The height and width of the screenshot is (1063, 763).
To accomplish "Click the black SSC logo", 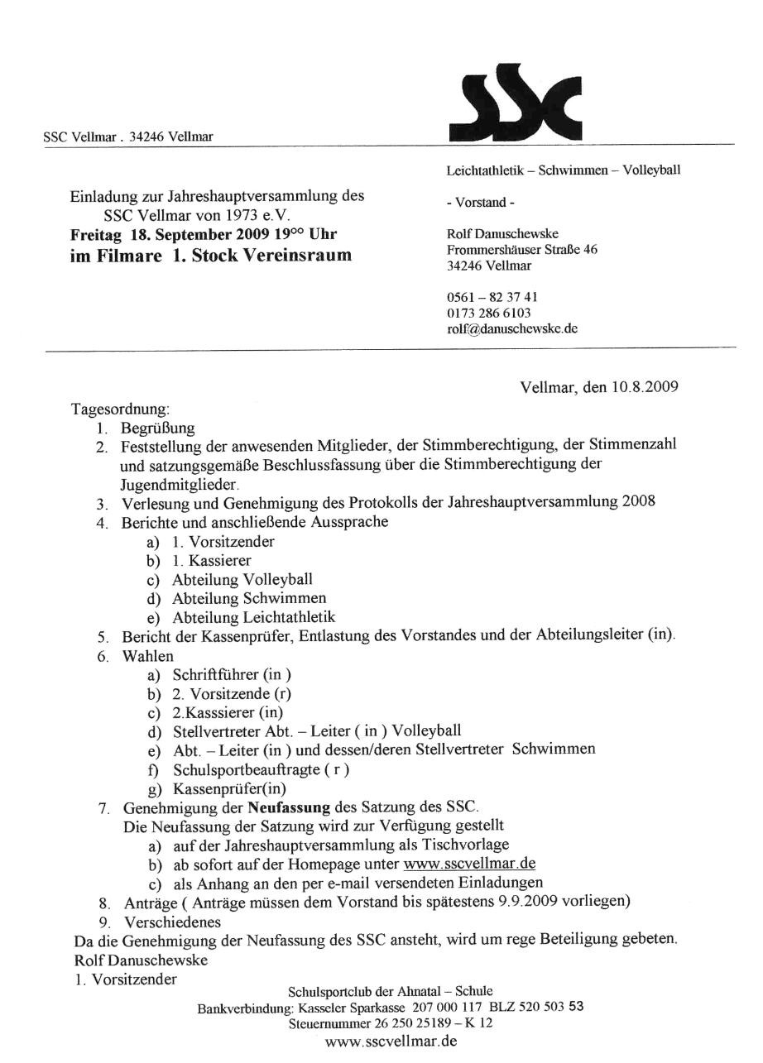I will (514, 103).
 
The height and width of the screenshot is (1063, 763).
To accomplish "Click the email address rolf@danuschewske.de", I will (511, 328).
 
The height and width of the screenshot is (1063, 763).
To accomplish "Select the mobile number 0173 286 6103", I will (488, 313).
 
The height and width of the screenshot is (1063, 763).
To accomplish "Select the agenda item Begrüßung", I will (157, 428).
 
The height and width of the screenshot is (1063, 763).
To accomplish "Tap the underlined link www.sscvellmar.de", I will (469, 864).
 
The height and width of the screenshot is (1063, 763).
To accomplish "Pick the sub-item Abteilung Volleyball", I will (242, 579).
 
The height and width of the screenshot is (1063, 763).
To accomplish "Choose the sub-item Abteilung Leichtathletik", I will (254, 617).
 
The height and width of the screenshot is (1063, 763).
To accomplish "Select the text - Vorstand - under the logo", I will (477, 203).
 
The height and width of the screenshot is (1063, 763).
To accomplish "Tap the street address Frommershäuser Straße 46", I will (521, 250).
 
